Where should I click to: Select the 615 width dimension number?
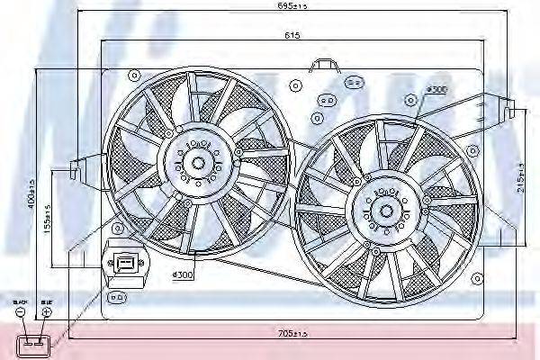coord(293,36)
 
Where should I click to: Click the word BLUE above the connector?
coord(46,301)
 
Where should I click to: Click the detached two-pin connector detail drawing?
coord(35,342)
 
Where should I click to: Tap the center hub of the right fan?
coord(386,210)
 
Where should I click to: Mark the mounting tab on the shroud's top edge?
coord(320,65)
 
